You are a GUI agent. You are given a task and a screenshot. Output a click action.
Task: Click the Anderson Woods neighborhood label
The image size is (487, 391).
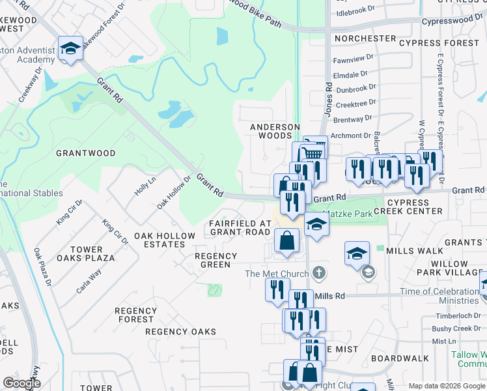[275, 131]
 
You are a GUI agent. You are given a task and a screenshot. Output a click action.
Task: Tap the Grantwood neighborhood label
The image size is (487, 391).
[85, 153]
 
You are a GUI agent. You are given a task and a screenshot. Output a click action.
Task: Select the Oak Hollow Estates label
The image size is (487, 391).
[164, 240]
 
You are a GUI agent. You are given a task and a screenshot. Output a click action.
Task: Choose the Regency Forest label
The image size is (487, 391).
[136, 315]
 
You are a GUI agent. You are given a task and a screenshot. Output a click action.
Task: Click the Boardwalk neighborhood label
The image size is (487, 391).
[400, 358]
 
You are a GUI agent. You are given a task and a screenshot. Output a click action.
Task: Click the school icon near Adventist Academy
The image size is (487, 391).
[70, 48]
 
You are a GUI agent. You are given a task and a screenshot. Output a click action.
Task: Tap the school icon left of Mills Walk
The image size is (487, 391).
[357, 253]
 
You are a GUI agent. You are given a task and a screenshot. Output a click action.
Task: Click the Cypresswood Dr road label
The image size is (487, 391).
[453, 21]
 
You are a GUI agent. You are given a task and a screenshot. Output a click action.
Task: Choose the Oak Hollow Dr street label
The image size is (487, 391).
[173, 192]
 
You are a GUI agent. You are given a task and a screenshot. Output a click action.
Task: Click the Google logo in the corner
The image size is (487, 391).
[22, 383]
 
